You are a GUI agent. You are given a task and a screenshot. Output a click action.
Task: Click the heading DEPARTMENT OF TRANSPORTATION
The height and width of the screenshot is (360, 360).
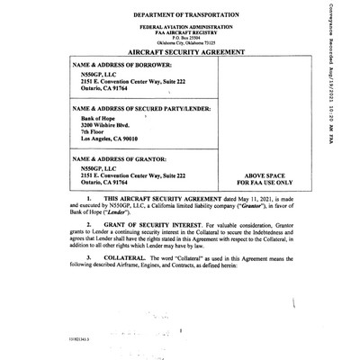pos(186,16)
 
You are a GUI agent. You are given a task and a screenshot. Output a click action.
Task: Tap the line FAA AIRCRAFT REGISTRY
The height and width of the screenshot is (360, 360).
pos(186,34)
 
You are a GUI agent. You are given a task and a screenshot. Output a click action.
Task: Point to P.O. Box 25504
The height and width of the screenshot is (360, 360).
pos(186,40)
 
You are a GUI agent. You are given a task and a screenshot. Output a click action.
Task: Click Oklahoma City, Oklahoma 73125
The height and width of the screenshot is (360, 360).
pos(186,45)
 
